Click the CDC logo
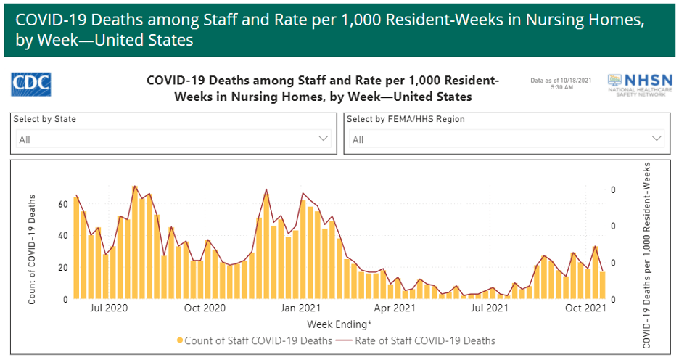coord(31,85)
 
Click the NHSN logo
coord(635,86)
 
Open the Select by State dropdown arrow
coord(324,139)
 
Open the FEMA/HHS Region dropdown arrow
coord(657,139)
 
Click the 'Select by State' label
coord(44,119)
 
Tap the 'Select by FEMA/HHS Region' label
coord(406,119)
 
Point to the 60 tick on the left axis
coord(63,204)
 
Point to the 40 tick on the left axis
coord(63,236)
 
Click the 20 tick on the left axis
coord(63,268)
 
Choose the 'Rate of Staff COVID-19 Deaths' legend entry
coord(427,340)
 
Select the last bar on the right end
coord(602,285)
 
